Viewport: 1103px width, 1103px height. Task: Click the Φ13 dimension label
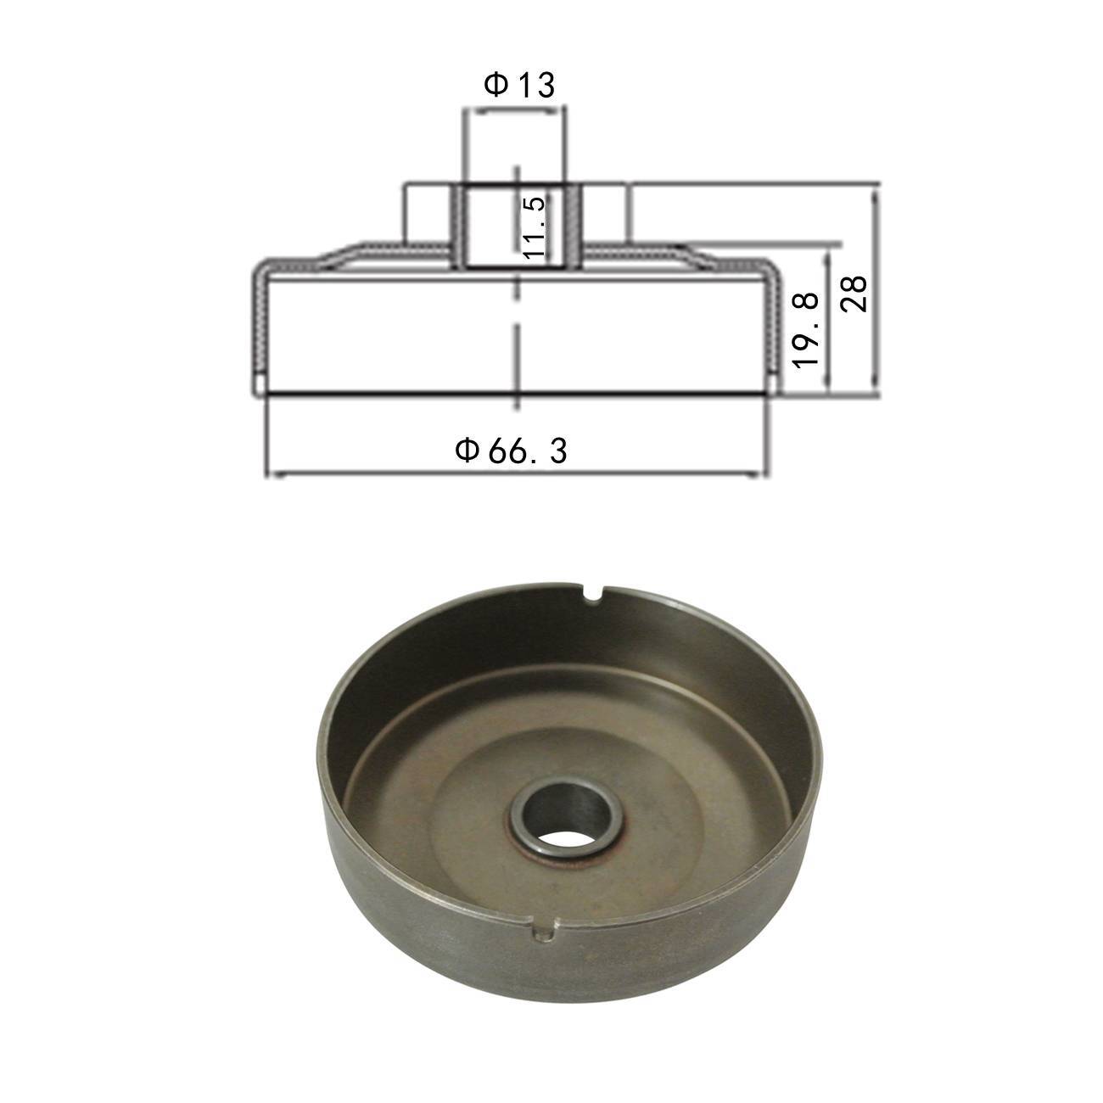(518, 86)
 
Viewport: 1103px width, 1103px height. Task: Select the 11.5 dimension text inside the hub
(533, 227)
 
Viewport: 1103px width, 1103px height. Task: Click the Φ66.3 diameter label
(512, 451)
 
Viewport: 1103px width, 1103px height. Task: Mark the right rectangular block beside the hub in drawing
(607, 212)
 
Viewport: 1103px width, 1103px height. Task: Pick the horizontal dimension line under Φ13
(514, 110)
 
